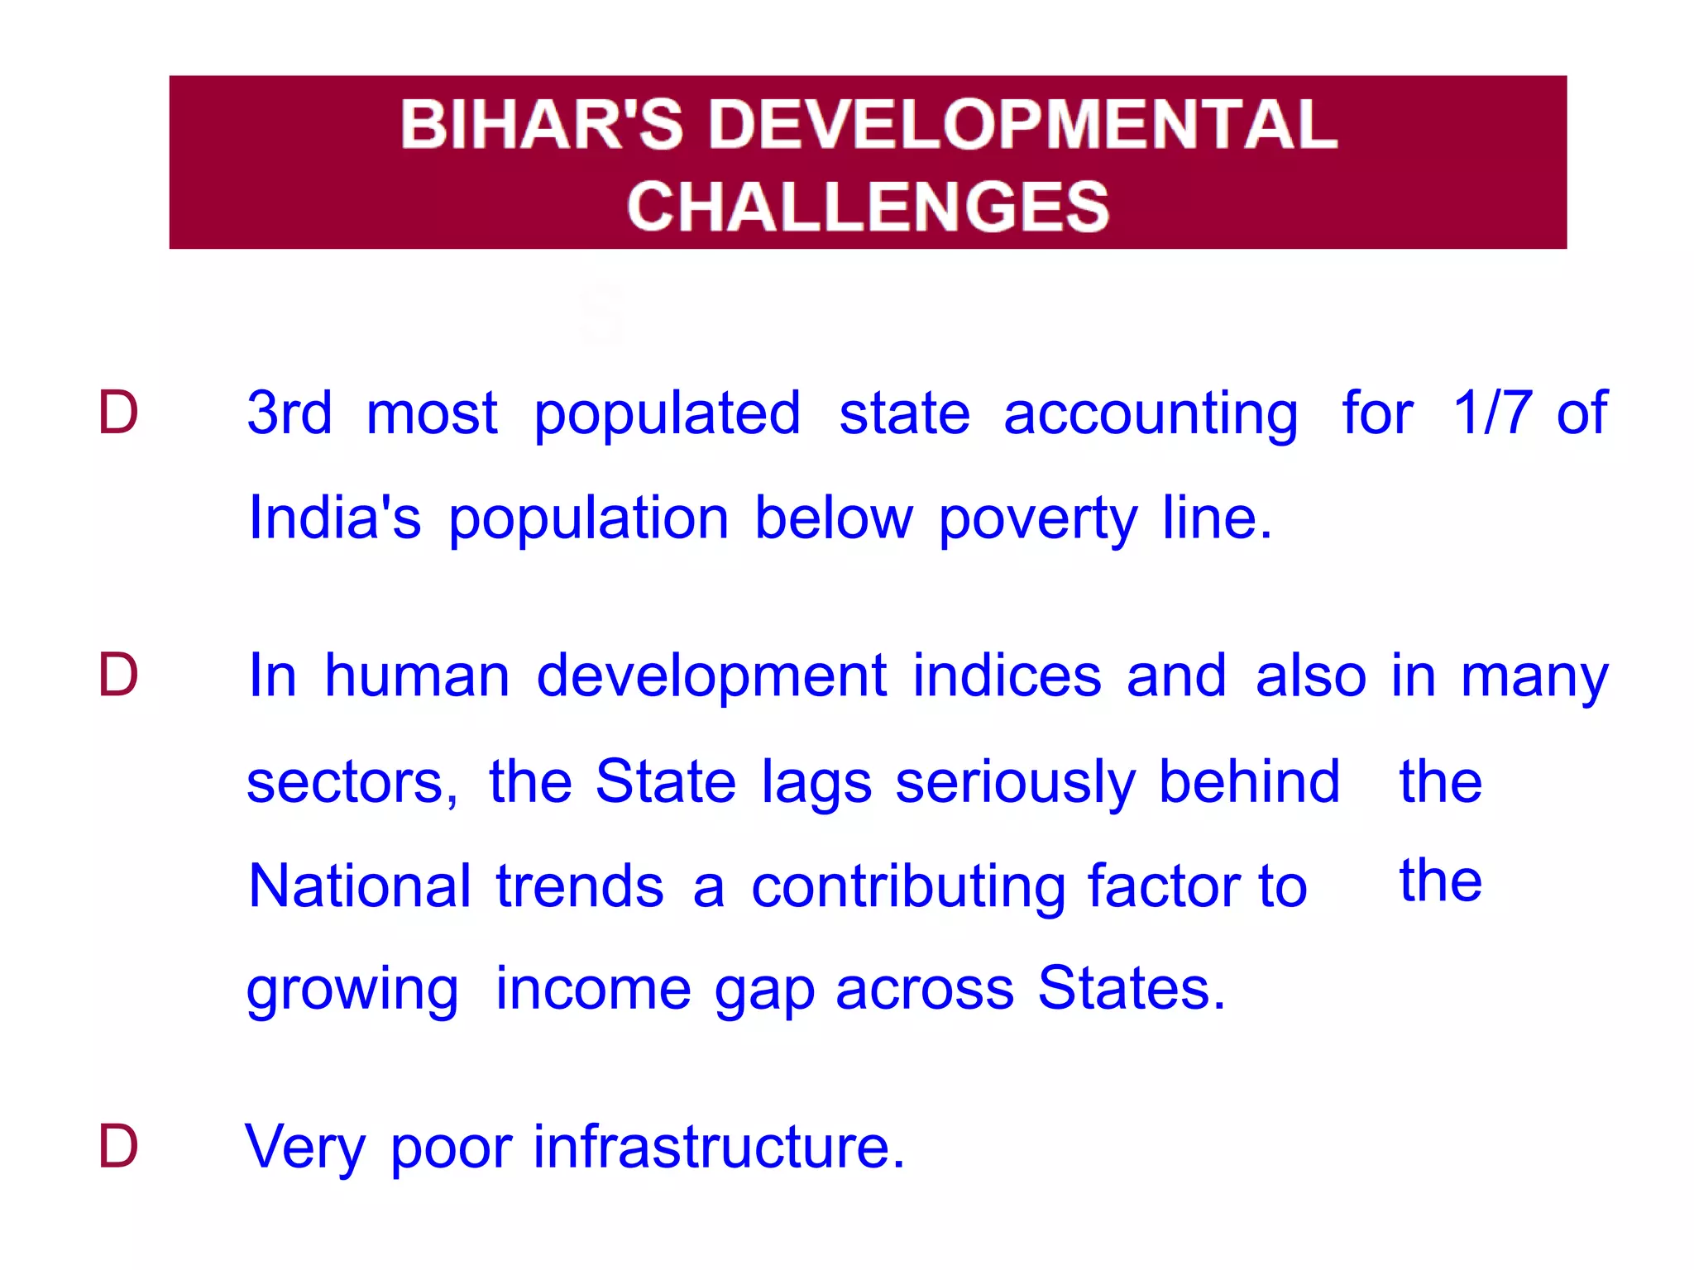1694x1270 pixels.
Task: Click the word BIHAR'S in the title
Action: [542, 124]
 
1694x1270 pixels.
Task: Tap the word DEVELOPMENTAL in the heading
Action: [1023, 124]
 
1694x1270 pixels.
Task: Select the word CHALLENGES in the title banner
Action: [868, 206]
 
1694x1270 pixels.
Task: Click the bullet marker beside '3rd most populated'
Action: [117, 412]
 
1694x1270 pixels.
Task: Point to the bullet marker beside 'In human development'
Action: [117, 675]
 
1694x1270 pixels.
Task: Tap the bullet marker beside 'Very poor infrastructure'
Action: [117, 1147]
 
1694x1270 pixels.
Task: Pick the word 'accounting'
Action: [1151, 415]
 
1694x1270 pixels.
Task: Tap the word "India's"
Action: [335, 518]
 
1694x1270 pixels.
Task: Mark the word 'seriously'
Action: [1015, 783]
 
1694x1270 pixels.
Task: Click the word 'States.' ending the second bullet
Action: [1131, 988]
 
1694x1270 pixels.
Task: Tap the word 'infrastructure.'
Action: [719, 1147]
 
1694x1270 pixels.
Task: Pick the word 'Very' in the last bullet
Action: [305, 1148]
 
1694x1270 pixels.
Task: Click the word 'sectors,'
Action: [352, 781]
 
